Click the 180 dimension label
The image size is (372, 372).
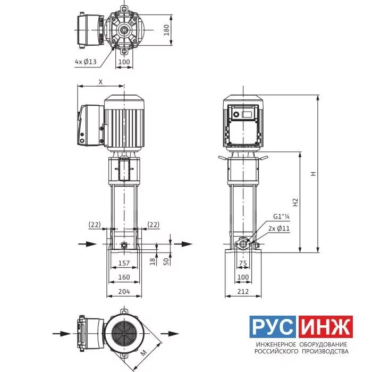coord(166,30)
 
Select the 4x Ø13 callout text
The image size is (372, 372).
coord(86,62)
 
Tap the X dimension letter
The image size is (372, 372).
coord(100,82)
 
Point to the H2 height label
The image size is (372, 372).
coord(295,202)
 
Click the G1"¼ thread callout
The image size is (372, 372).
coord(281,216)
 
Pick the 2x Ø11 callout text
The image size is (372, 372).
coord(279,229)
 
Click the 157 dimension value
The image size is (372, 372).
coord(124,263)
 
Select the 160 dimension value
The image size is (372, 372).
coord(124,277)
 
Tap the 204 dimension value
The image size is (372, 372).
coord(124,291)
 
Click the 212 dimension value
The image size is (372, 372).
coord(243,291)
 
